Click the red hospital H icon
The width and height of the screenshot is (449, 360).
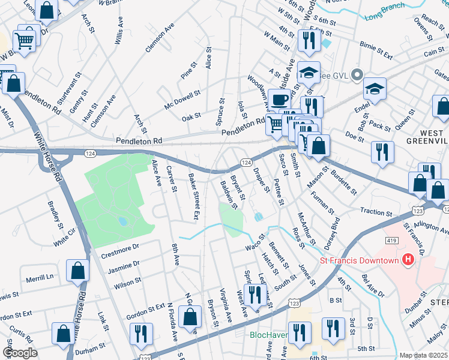(409, 260)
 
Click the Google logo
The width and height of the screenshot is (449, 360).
(20, 353)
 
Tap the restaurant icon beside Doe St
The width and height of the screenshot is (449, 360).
(382, 151)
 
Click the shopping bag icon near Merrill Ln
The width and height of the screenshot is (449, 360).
(79, 271)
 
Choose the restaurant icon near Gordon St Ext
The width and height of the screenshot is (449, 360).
(142, 334)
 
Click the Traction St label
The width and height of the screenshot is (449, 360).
(376, 212)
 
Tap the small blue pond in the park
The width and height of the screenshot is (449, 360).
(122, 221)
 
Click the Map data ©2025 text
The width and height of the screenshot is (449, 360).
(423, 355)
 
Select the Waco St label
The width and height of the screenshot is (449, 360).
(255, 247)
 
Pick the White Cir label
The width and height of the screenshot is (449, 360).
(65, 240)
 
